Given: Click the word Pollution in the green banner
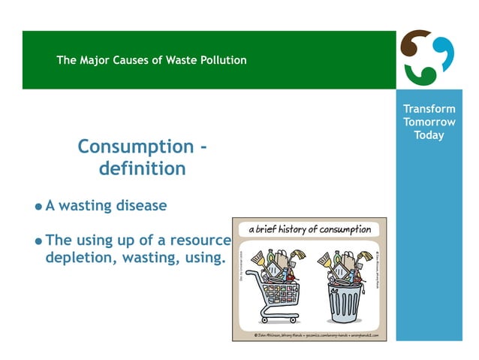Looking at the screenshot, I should [x=221, y=60].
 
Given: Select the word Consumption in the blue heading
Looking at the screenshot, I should [x=135, y=146].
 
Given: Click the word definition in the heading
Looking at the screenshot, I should [x=142, y=168].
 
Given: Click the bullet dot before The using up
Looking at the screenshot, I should [x=38, y=242].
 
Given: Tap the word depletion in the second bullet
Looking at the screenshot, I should [x=74, y=258].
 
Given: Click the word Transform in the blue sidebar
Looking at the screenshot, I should [x=429, y=109].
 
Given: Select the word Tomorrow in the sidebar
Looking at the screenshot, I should [x=429, y=122].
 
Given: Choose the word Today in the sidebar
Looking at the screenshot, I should [x=429, y=135].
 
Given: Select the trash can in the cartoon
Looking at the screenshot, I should [x=345, y=298].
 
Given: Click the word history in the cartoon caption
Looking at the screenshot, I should [x=291, y=229].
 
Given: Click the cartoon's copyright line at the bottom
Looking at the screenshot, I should [x=315, y=334].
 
